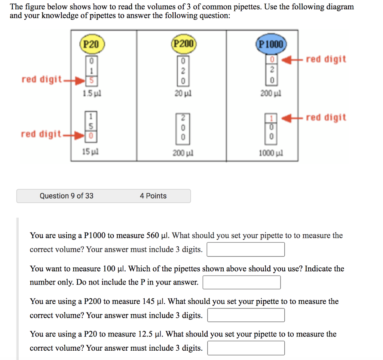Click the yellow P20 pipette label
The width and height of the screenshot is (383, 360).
92,44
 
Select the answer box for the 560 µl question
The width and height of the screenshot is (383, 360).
246,249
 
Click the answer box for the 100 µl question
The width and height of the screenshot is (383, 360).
242,282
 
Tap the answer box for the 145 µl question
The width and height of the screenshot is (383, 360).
246,315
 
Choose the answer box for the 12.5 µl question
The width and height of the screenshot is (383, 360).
246,348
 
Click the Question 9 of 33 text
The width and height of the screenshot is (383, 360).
67,196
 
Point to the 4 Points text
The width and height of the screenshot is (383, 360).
153,196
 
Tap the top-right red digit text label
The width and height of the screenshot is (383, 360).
326,59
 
